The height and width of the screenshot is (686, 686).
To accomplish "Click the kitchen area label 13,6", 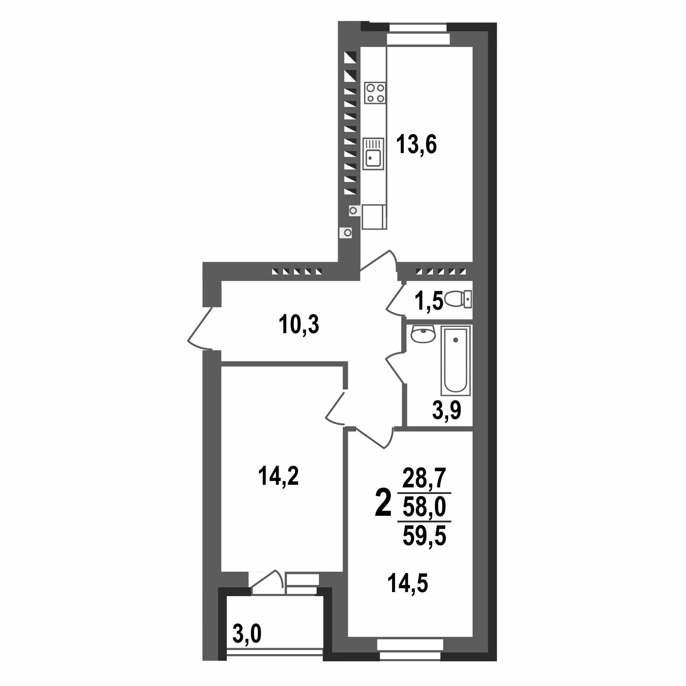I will tap(416, 144).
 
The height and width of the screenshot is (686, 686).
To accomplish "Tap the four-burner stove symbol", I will tap(375, 93).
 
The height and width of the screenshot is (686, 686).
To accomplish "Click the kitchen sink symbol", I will tap(373, 154).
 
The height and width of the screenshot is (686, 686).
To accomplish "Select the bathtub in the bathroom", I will tap(455, 360).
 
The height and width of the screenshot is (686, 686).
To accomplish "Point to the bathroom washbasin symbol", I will tap(423, 335).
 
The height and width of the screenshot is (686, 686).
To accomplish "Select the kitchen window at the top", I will tap(418, 34).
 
